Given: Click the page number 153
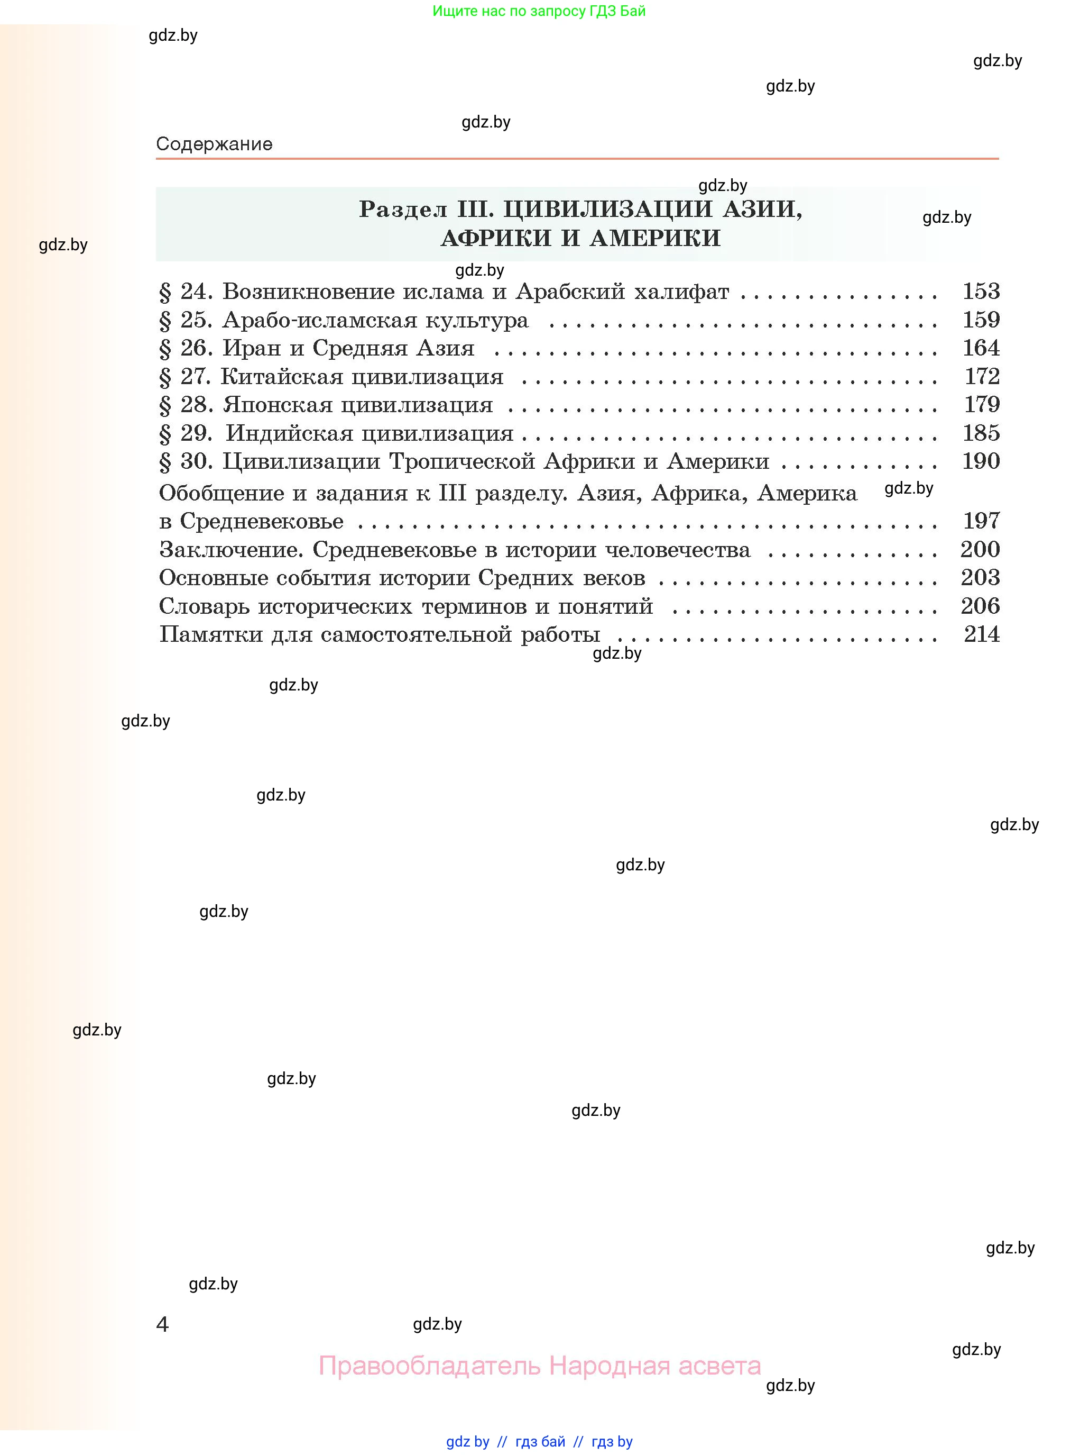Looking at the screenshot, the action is tap(981, 291).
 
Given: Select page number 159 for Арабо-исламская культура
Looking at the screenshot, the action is tap(981, 320).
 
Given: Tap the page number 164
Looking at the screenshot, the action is tap(981, 348).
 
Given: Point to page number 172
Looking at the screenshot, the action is tap(982, 376).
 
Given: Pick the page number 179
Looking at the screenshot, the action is tap(982, 404).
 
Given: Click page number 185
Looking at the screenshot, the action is tap(981, 433).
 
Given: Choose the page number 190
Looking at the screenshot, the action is tap(981, 461).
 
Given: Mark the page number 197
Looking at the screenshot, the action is tap(981, 521).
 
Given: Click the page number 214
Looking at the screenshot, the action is tap(981, 634).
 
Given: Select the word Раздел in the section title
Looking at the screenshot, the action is tap(403, 210).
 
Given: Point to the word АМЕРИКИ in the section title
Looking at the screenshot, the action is tap(654, 238).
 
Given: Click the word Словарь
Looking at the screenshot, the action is tap(204, 606).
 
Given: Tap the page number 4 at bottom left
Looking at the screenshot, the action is tap(162, 1325).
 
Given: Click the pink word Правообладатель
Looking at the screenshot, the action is tap(430, 1366).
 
